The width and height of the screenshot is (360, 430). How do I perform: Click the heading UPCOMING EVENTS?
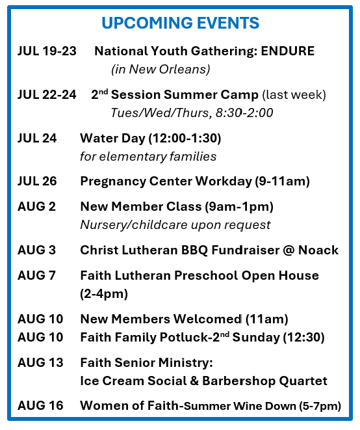pyautogui.click(x=180, y=23)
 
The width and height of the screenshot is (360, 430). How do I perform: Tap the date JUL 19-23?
pyautogui.click(x=47, y=51)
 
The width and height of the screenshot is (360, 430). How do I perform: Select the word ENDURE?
pyautogui.click(x=287, y=51)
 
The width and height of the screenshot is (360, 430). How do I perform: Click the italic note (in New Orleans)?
pyautogui.click(x=161, y=69)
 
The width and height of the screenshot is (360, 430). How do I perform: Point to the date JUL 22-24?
pyautogui.click(x=47, y=94)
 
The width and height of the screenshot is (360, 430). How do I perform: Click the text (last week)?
pyautogui.click(x=294, y=95)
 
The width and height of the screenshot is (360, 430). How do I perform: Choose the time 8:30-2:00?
pyautogui.click(x=244, y=113)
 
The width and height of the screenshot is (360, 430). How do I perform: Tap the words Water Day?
pyautogui.click(x=112, y=138)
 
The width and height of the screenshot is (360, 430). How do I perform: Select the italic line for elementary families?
pyautogui.click(x=148, y=157)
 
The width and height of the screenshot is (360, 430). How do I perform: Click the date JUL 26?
pyautogui.click(x=37, y=181)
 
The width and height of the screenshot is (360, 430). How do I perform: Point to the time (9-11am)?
pyautogui.click(x=283, y=181)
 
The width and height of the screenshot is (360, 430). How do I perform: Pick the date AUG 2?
pyautogui.click(x=36, y=206)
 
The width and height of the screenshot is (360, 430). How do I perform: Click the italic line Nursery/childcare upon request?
pyautogui.click(x=175, y=225)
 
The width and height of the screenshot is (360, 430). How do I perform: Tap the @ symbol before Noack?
pyautogui.click(x=289, y=250)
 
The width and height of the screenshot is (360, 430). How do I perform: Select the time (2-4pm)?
pyautogui.click(x=104, y=294)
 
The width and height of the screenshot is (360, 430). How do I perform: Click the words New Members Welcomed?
pyautogui.click(x=161, y=319)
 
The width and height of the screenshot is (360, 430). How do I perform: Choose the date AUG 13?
pyautogui.click(x=40, y=362)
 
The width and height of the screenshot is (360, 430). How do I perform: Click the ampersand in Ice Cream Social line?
pyautogui.click(x=194, y=381)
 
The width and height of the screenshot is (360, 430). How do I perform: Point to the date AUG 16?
pyautogui.click(x=40, y=405)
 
